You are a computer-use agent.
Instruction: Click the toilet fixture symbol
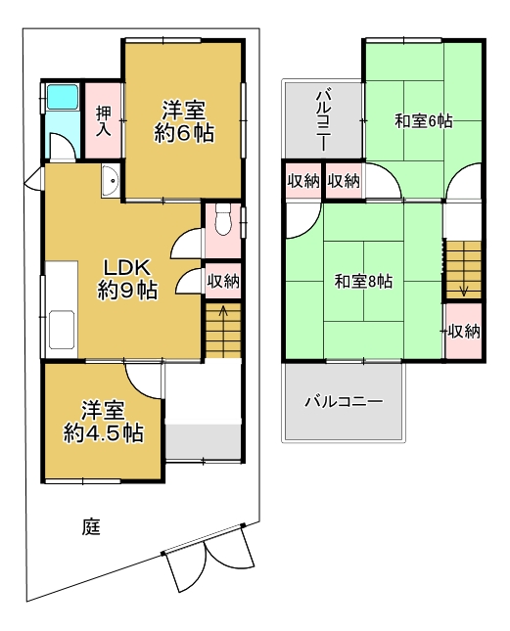[x=222, y=218]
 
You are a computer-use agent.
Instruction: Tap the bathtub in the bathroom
[x=63, y=97]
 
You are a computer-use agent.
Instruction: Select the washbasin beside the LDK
[x=110, y=181]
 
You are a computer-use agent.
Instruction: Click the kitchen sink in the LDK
[x=62, y=329]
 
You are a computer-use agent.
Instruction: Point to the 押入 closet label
[x=103, y=120]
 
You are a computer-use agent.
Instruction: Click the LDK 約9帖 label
[x=127, y=279]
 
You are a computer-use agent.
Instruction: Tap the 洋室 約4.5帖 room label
[x=104, y=422]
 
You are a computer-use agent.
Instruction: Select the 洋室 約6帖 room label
[x=184, y=121]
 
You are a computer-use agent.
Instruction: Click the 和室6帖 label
[x=424, y=120]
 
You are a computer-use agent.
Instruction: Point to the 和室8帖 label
[x=363, y=282]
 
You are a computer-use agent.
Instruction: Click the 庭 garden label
[x=91, y=526]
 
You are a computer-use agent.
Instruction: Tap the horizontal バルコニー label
[x=344, y=402]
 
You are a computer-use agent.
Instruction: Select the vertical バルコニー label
[x=324, y=120]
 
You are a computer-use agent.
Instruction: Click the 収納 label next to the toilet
[x=223, y=281]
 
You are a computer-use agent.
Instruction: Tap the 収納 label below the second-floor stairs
[x=464, y=332]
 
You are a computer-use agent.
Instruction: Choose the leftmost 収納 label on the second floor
[x=303, y=181]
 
